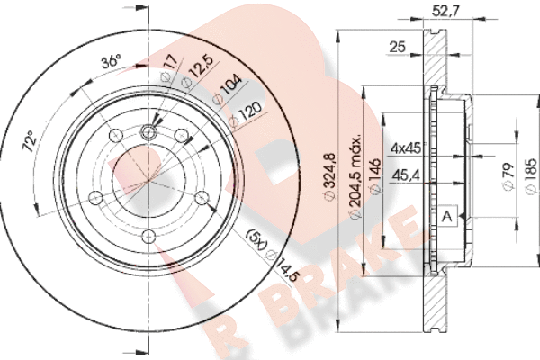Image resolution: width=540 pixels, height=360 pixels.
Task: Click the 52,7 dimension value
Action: pos(445,12)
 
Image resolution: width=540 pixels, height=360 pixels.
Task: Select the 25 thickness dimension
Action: pos(398,47)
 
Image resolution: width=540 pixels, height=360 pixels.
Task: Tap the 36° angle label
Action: pos(112,62)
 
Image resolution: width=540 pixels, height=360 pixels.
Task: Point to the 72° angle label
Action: pos(30,141)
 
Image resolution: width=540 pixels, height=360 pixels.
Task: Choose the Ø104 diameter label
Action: pos(228,91)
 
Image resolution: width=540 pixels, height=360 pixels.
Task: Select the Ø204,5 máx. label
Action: pos(355,176)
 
